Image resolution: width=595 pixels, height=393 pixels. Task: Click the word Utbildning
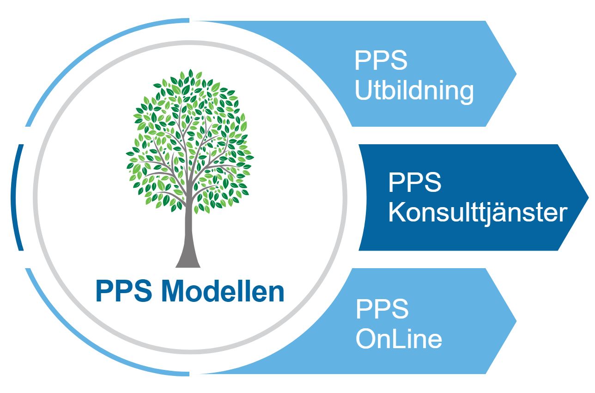414,91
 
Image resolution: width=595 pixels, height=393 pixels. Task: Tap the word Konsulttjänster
478,213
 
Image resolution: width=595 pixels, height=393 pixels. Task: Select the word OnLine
399,338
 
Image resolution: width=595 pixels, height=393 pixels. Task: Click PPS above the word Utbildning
381,61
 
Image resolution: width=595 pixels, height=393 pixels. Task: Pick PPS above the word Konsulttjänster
415,183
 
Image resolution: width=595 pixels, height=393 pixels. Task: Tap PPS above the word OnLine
382,309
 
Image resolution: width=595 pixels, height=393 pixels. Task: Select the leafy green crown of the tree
188,139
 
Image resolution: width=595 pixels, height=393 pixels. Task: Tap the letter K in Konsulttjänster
395,213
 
